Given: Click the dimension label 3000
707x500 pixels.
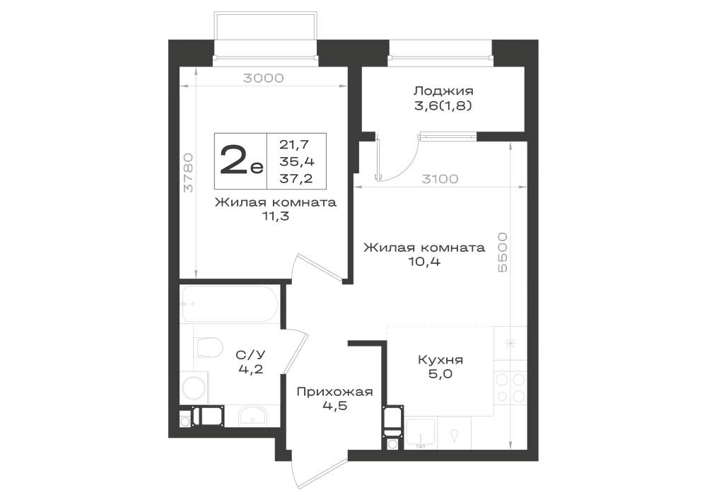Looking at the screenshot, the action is point(263,78).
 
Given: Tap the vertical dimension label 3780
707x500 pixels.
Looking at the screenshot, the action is point(189,173).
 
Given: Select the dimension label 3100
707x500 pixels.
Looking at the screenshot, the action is point(440,179).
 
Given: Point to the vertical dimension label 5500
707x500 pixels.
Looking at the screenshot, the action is point(502,252).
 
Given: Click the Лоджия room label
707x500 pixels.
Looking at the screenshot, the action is point(444,91).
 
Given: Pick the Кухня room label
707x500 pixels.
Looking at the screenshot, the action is point(440,360).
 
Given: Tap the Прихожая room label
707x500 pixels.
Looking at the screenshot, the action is point(334,391).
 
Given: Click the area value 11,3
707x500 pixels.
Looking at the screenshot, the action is point(276,216).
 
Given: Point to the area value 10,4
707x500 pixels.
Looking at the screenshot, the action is point(424,261).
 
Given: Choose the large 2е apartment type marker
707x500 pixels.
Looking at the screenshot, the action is point(241,161).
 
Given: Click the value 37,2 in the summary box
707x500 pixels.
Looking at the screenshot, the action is point(296,179).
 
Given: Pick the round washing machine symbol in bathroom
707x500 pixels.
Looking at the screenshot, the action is point(194,388).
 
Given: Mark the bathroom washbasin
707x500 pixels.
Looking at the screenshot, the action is point(252,415).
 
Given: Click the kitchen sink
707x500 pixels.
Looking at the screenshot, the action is point(421,434).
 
